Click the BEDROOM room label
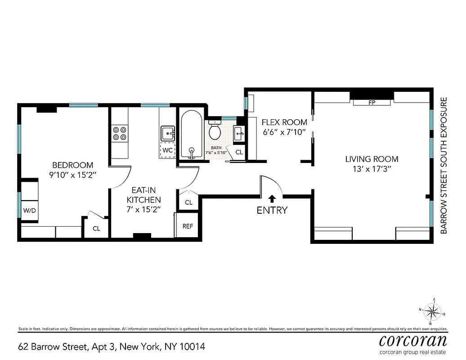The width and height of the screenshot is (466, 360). (72, 165)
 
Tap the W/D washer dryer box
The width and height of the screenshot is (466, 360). (30, 210)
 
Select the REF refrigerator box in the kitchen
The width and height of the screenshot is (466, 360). (188, 226)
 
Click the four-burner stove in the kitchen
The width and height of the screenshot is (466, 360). (119, 133)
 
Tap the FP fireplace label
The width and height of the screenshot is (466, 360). (372, 103)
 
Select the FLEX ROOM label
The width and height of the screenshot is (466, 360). (285, 122)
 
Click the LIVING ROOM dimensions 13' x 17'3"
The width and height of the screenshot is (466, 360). (372, 169)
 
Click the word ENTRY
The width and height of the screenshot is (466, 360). (272, 210)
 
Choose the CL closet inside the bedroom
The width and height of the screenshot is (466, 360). (96, 228)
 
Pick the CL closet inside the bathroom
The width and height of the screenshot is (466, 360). (239, 153)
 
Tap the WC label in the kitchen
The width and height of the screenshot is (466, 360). (167, 149)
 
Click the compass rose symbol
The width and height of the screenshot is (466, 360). (433, 311)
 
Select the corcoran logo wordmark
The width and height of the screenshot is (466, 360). (413, 340)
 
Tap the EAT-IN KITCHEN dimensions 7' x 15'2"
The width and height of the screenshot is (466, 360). (143, 209)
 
